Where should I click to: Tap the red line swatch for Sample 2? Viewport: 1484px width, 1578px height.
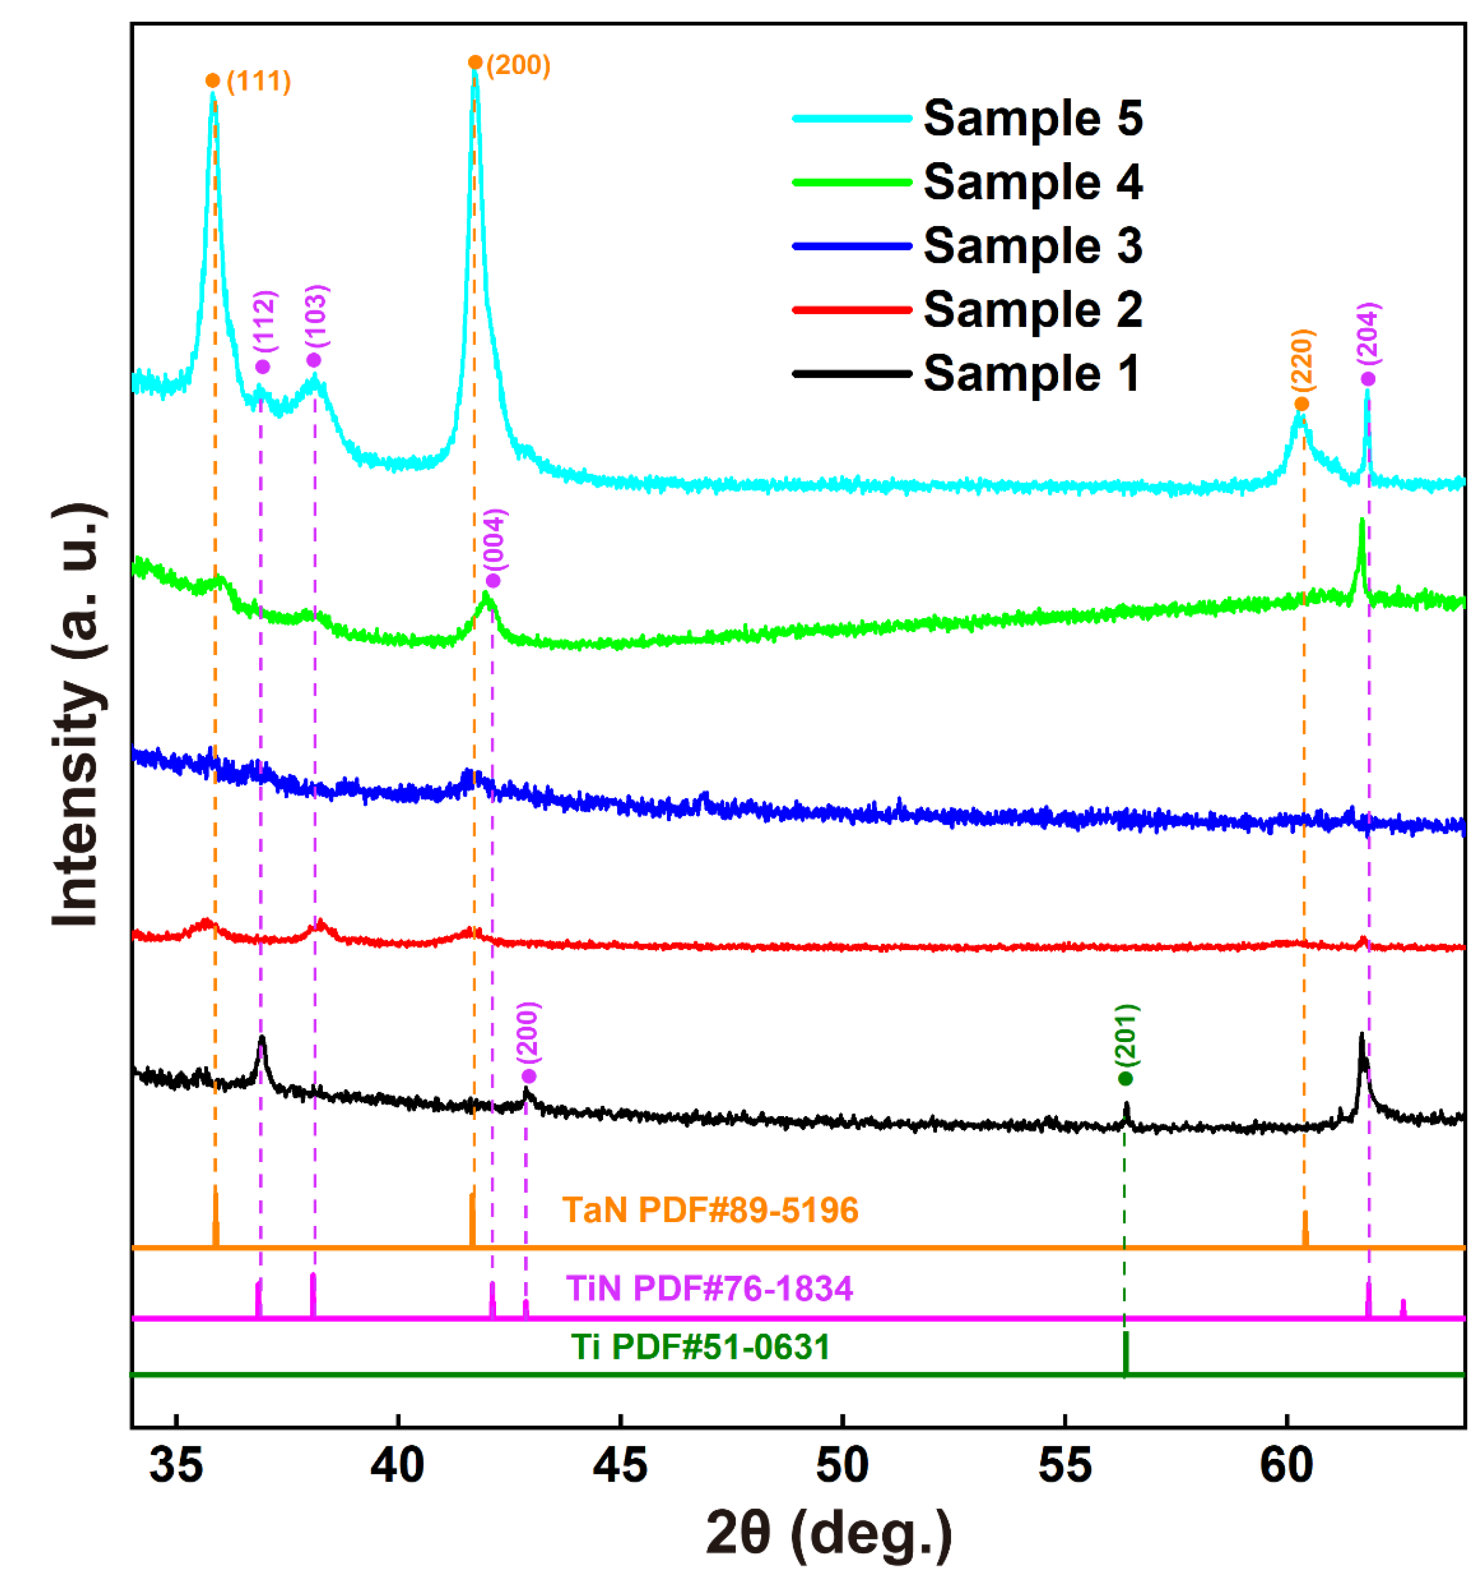(851, 309)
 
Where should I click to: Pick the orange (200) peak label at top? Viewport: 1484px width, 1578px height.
(518, 64)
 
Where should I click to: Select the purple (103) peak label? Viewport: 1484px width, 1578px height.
(317, 316)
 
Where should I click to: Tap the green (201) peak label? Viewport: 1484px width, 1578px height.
(1126, 1035)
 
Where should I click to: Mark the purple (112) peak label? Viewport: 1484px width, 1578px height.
(264, 322)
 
